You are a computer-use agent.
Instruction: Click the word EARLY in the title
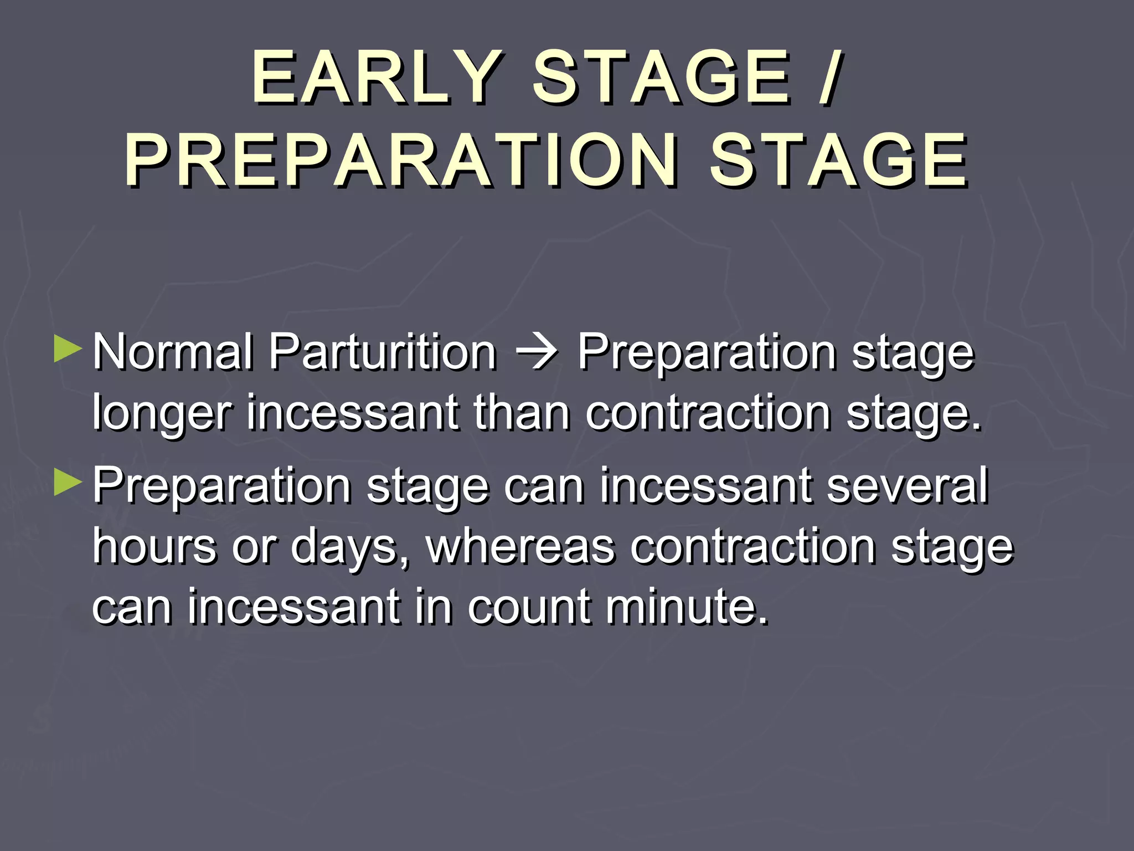tap(377, 78)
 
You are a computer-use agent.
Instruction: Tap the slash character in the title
tap(830, 78)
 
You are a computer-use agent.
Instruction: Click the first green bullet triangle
tap(68, 350)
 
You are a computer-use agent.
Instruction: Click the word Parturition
tap(383, 352)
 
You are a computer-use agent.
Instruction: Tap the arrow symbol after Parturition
tap(537, 353)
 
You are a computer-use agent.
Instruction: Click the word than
tap(521, 412)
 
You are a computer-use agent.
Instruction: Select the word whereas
tap(520, 546)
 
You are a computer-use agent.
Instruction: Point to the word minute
tap(687, 607)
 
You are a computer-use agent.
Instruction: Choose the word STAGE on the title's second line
tap(838, 161)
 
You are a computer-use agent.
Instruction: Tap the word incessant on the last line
tap(293, 607)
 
